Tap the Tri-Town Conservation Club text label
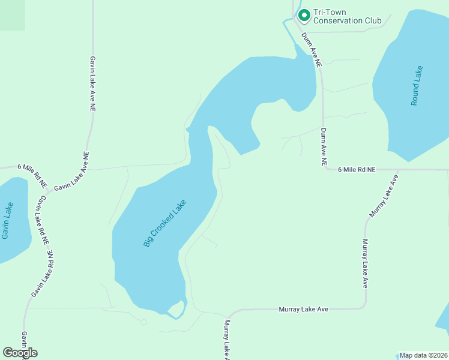point(347,16)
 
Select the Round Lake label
point(417,86)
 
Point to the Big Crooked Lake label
point(165,223)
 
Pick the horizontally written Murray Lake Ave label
point(303,309)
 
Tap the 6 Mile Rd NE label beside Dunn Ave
point(356,170)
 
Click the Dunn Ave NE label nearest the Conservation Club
point(312,49)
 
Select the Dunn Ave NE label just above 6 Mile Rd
point(324,146)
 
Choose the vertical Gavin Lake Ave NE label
point(93,85)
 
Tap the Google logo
point(20,353)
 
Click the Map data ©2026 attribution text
point(423,355)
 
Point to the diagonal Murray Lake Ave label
point(384,196)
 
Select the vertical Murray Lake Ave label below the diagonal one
point(364,264)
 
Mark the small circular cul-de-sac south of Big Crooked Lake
point(143,322)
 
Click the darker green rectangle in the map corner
point(13,15)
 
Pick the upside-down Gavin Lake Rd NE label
point(42,274)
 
